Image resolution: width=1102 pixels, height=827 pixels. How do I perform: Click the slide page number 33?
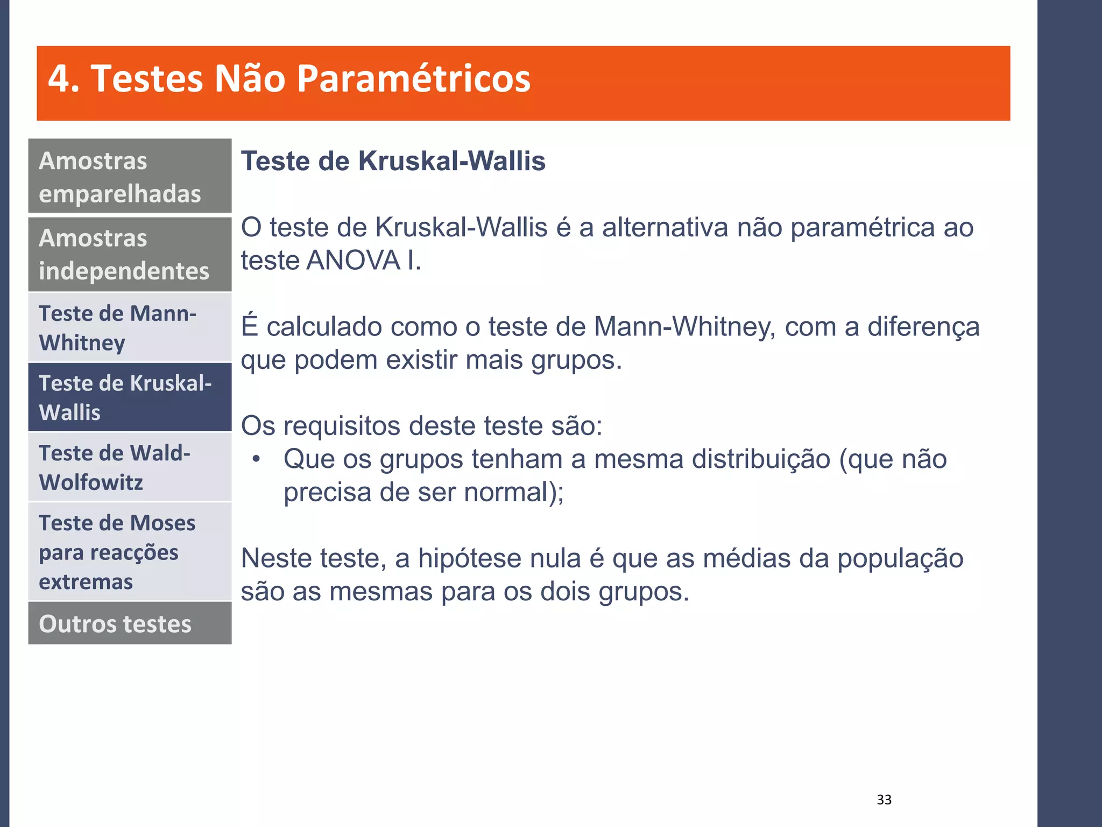884,800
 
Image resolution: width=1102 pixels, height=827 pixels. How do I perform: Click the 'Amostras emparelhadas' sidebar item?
130,176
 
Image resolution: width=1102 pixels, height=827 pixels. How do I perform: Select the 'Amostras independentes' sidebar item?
130,254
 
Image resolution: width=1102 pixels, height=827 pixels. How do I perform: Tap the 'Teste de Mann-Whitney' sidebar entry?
130,327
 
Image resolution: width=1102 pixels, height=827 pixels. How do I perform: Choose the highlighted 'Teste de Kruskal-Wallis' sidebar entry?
130,397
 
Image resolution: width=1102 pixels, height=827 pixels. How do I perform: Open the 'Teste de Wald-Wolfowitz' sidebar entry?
130,467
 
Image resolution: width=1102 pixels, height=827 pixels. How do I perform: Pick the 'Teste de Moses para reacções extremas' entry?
130,552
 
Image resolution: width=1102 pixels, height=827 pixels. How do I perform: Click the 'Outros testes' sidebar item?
130,623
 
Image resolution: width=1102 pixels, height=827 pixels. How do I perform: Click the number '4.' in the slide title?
64,79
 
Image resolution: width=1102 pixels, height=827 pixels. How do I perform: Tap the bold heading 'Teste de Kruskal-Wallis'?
393,161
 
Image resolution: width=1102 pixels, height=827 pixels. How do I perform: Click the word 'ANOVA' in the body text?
353,261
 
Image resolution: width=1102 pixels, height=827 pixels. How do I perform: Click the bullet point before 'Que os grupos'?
256,459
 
